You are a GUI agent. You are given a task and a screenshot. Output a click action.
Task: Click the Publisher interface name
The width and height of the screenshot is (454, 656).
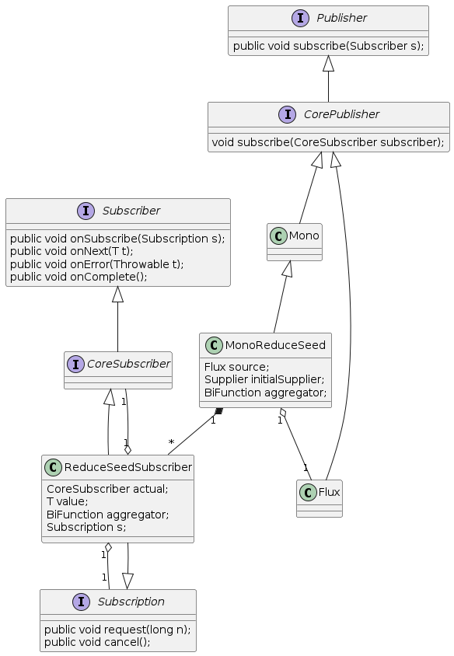point(341,18)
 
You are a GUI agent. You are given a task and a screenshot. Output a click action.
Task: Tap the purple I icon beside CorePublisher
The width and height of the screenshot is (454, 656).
point(288,114)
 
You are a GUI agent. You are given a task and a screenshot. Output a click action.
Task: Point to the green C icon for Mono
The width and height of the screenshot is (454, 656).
point(278,236)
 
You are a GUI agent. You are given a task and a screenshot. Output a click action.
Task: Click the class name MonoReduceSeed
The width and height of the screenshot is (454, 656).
point(275,345)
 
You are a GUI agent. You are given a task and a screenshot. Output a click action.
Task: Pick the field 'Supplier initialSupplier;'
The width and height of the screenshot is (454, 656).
point(264,379)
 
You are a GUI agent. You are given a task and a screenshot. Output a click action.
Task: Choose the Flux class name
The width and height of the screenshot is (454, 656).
point(329,492)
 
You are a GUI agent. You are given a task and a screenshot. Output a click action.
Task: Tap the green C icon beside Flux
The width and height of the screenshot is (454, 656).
point(308,493)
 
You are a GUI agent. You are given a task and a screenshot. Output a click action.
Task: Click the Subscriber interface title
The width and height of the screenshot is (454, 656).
point(131,211)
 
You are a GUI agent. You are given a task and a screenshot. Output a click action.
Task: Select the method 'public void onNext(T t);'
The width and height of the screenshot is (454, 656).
point(72,251)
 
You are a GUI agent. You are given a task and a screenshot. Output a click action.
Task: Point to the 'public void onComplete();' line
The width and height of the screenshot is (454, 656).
point(79,277)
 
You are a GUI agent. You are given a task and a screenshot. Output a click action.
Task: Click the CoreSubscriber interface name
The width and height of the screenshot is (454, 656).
point(128,364)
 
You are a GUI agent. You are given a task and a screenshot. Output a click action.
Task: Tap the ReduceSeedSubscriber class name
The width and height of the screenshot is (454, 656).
point(128,467)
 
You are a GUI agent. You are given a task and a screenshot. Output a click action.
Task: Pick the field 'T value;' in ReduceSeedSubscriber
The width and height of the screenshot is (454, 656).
point(68,501)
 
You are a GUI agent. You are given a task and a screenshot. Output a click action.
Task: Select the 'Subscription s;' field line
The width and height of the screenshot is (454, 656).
point(86,527)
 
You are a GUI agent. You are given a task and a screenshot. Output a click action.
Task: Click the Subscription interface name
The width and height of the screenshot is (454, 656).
point(131,602)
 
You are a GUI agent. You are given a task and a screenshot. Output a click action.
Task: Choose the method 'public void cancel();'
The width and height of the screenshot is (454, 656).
point(97,642)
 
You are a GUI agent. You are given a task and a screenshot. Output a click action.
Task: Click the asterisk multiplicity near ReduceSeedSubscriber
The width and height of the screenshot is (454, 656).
point(171,442)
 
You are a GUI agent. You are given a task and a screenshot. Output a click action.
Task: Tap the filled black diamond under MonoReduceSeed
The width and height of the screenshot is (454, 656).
point(218,412)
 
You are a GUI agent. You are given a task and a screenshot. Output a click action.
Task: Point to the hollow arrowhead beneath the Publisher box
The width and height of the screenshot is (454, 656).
point(329,63)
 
